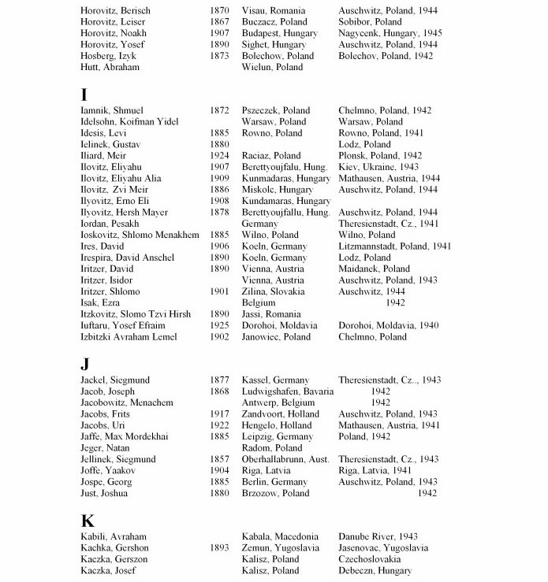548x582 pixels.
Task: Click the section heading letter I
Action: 84,95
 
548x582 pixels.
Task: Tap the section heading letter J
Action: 85,365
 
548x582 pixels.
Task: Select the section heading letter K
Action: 88,521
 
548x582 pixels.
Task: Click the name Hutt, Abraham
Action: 110,68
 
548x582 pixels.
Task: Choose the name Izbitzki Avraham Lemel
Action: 129,337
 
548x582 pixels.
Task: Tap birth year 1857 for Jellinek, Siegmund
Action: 220,459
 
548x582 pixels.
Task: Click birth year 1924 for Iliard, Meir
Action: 220,156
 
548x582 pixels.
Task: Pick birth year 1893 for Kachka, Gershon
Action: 220,548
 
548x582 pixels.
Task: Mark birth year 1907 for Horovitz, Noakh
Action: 220,34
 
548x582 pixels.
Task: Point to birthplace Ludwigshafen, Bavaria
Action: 287,391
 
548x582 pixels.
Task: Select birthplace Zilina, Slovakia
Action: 274,291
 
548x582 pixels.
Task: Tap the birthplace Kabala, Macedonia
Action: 280,537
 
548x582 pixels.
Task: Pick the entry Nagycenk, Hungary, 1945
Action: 390,34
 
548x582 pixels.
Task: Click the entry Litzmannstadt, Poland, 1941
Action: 394,247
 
